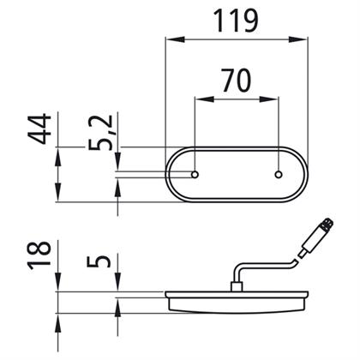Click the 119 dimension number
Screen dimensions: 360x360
tap(236, 21)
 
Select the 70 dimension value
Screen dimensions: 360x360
tap(237, 81)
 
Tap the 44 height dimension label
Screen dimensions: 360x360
tap(39, 129)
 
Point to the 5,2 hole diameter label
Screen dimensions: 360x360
tap(100, 132)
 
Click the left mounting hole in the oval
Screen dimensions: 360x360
tap(195, 175)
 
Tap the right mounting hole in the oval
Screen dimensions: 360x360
tap(279, 175)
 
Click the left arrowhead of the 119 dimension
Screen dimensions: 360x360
tap(175, 39)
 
